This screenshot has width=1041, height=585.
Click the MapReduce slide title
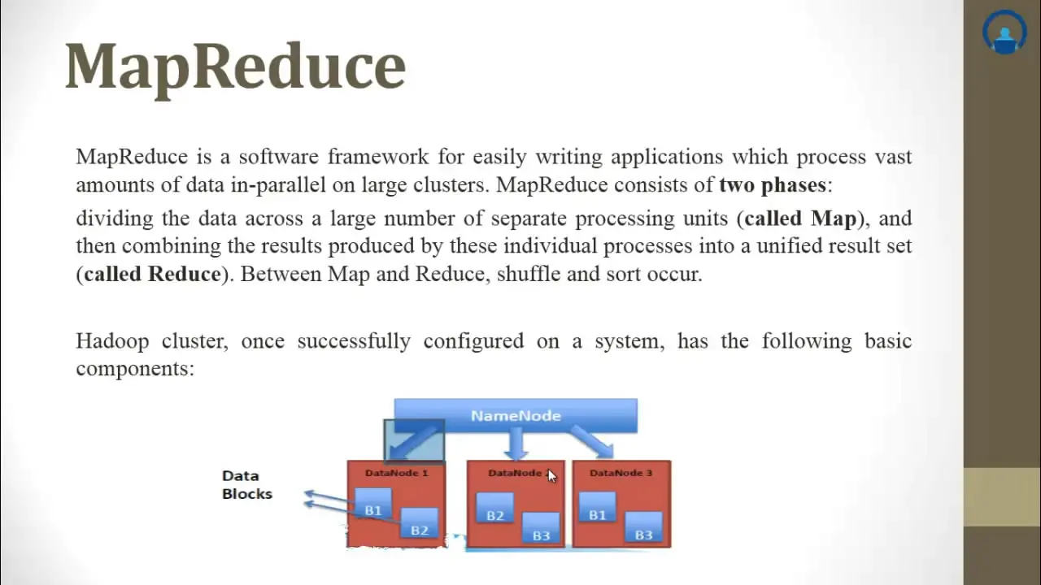coord(236,67)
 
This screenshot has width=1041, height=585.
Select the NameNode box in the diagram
coord(516,415)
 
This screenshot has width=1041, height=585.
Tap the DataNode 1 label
coord(396,473)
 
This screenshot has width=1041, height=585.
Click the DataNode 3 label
coord(621,473)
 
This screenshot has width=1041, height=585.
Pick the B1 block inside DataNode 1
coord(373,504)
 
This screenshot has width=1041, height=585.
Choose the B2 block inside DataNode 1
coord(419,523)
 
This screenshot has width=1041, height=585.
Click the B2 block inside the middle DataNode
coord(495,508)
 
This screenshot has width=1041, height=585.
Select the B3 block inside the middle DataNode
coord(541,527)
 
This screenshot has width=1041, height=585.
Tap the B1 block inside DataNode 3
coord(597,508)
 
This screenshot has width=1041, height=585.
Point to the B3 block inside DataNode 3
coord(643,527)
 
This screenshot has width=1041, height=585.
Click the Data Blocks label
coord(247,485)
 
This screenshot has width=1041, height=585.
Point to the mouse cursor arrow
coord(551,476)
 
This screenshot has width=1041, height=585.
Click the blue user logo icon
coord(1004,32)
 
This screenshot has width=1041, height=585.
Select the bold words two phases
coord(773,184)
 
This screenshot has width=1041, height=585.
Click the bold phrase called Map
coord(801,219)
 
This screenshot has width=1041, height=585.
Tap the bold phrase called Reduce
coord(152,274)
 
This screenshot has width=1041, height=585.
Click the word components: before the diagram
coord(135,370)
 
